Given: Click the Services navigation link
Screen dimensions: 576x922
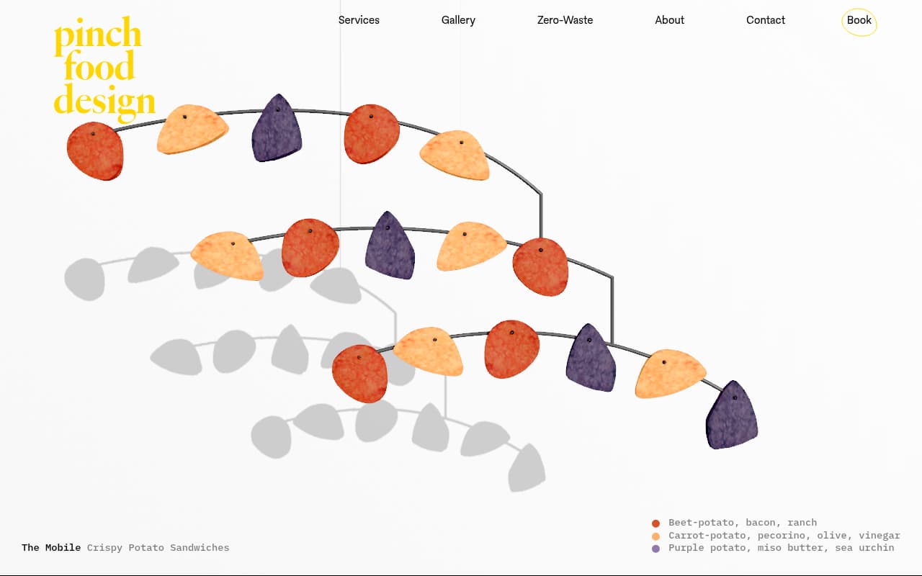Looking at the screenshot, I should [x=359, y=20].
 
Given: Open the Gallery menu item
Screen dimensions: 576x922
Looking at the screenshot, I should [x=458, y=20].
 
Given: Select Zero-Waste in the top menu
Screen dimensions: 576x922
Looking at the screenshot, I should [x=565, y=20].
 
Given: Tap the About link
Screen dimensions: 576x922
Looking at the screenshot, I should [x=669, y=20].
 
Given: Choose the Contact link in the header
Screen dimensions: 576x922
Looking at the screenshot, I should [x=765, y=20].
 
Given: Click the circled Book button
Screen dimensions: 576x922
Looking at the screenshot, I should [x=859, y=21].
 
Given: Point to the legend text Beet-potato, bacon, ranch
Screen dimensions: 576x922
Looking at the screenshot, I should [x=742, y=523].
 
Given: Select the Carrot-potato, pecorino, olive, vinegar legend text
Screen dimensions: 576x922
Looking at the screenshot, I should [x=784, y=536].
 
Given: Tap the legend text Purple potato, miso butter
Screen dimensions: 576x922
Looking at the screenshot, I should [x=781, y=548].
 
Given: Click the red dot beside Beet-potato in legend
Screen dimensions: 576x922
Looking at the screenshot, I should [x=655, y=523].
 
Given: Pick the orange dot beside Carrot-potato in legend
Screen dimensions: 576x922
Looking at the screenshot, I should [x=655, y=536].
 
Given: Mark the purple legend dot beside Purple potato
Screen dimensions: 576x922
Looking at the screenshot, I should [x=655, y=549].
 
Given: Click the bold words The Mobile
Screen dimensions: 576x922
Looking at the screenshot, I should [x=51, y=548].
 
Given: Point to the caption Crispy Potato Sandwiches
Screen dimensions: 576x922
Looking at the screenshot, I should [x=158, y=548].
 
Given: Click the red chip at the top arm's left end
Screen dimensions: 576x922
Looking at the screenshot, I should [x=95, y=151].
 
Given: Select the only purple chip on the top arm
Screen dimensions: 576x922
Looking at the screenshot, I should [x=277, y=130].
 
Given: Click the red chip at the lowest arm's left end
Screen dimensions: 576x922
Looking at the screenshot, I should [x=359, y=374].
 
